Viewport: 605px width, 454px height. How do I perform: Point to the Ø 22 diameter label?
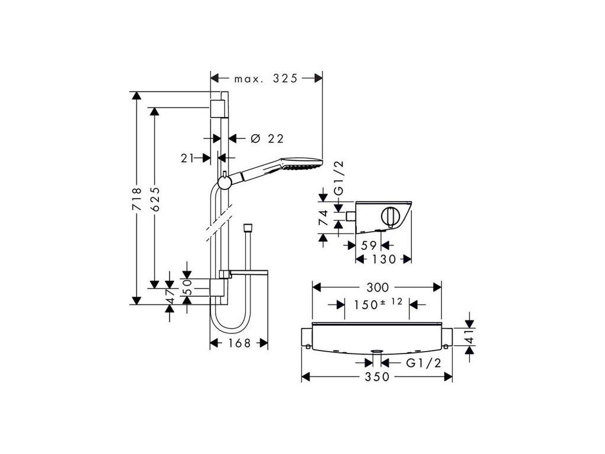coord(267,139)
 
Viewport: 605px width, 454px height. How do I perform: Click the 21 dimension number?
coord(188,158)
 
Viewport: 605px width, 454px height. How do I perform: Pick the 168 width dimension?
coord(239,343)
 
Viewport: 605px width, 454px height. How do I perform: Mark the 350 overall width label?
coord(378,377)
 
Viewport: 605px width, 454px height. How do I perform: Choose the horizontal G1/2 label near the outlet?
coord(424,363)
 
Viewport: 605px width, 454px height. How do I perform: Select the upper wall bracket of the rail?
coord(217,108)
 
